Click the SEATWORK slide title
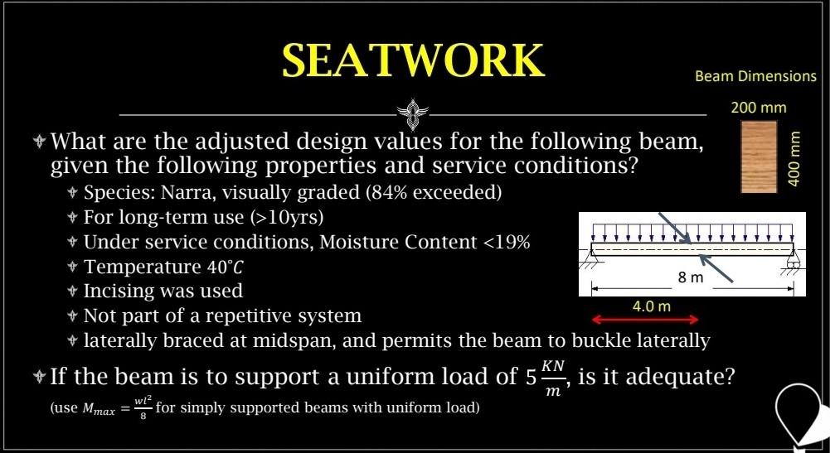click(413, 60)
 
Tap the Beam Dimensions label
click(755, 76)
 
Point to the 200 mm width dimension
click(758, 108)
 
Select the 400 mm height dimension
click(794, 157)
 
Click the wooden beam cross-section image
click(758, 157)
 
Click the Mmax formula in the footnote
click(108, 410)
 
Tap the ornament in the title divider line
click(411, 112)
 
